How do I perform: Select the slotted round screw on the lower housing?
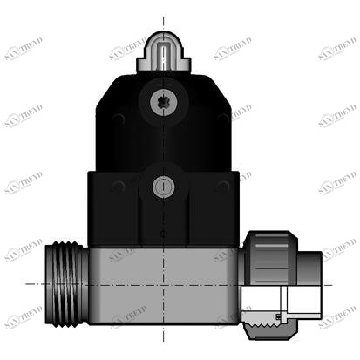click(163, 186)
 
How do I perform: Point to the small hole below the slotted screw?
click(163, 233)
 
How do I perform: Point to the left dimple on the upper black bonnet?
click(118, 119)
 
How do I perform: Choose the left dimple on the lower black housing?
click(118, 186)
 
